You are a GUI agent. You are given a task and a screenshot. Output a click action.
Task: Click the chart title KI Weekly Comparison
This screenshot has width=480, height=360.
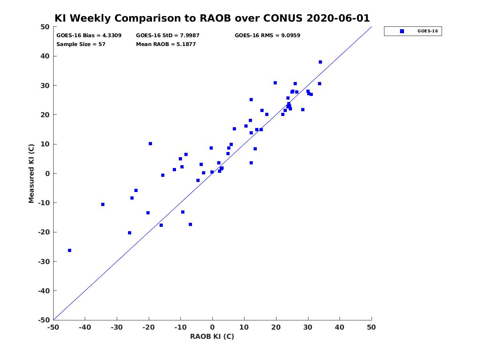click(x=212, y=18)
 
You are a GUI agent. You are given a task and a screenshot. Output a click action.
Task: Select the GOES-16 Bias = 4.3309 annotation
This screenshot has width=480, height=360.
click(x=89, y=36)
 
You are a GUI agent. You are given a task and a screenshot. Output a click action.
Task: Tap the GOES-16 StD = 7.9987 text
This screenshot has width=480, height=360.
click(x=168, y=36)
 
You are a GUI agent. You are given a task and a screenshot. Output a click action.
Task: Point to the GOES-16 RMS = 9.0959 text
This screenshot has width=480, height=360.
click(x=267, y=36)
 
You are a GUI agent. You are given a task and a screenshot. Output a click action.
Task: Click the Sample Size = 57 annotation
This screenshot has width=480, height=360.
click(x=81, y=44)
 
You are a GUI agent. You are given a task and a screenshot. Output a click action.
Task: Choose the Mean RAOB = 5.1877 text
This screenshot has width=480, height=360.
click(x=166, y=44)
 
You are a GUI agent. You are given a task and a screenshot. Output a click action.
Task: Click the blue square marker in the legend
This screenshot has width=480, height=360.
click(x=402, y=31)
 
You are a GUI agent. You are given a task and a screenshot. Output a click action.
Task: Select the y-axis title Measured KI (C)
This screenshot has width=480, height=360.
click(x=31, y=173)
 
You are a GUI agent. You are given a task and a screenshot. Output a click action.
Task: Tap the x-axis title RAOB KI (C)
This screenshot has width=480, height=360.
click(x=212, y=336)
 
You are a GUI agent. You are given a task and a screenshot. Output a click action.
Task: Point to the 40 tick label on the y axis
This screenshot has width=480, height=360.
click(x=45, y=56)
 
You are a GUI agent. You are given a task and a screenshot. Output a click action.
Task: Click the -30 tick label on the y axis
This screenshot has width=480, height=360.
click(x=44, y=261)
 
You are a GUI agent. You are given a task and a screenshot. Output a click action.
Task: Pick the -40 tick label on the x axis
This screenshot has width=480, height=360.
click(x=85, y=327)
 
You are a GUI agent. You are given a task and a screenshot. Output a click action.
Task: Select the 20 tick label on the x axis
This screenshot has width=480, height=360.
click(x=276, y=327)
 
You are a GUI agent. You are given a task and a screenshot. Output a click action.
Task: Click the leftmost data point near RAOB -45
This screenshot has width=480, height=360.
click(x=70, y=250)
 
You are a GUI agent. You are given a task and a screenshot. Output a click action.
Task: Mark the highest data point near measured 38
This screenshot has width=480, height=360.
click(x=320, y=62)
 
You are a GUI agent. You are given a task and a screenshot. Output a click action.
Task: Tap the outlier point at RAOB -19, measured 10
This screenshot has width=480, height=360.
click(x=150, y=144)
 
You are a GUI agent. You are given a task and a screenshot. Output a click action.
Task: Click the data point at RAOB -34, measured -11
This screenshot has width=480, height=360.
click(x=102, y=204)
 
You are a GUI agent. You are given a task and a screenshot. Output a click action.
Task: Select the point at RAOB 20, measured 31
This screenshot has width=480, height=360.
click(x=275, y=83)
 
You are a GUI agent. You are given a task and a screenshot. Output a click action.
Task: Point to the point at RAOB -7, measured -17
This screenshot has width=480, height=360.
click(x=190, y=224)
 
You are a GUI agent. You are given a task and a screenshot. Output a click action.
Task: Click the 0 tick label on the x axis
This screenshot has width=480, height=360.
click(x=212, y=327)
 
